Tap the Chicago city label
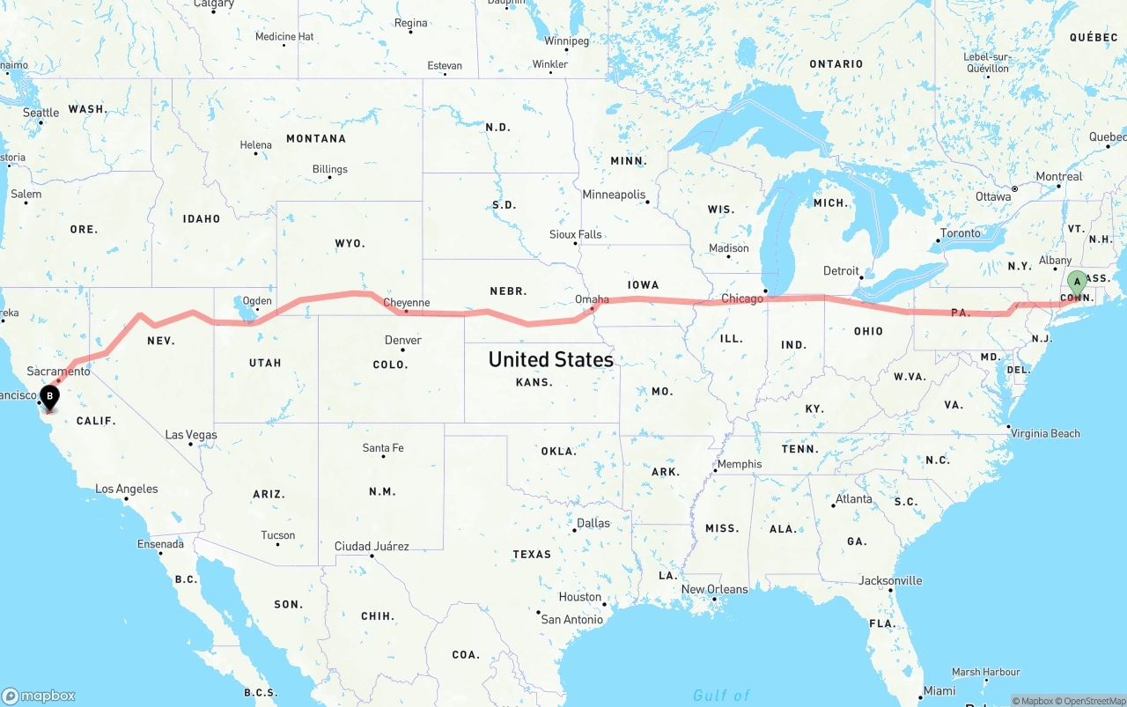point(742,298)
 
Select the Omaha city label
point(592,299)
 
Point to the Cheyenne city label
point(408,303)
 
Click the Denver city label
point(403,340)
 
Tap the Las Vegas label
point(191,435)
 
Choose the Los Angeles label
point(127,489)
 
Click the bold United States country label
point(551,359)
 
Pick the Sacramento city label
point(59,372)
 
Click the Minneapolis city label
point(614,195)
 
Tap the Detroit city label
point(841,270)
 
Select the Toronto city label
point(960,233)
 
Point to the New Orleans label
point(714,589)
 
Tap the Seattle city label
point(41,113)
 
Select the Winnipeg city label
point(566,41)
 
